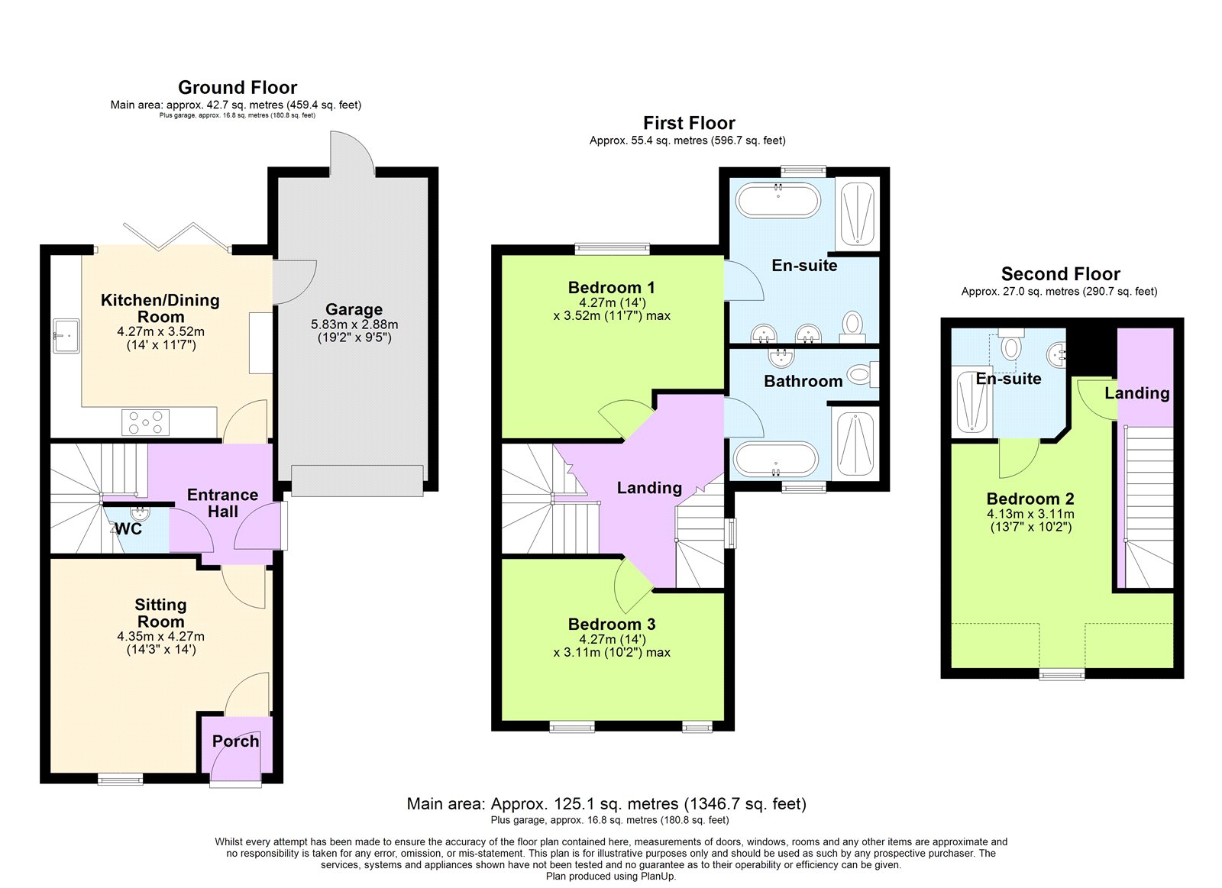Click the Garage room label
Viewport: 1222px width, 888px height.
click(x=354, y=309)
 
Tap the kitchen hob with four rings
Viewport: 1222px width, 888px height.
click(x=146, y=422)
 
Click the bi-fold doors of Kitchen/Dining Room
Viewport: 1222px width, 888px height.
click(x=176, y=237)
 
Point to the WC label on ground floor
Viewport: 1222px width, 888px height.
click(x=128, y=528)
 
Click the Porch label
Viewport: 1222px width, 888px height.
click(x=235, y=741)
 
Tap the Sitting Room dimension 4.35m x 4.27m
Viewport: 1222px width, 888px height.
click(x=160, y=636)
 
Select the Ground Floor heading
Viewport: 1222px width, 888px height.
click(x=238, y=87)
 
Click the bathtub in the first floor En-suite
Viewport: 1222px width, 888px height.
click(x=777, y=202)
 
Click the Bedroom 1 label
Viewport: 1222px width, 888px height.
click(x=611, y=287)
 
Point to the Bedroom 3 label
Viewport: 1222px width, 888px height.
click(x=611, y=624)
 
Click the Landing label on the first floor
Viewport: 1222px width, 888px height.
click(x=649, y=487)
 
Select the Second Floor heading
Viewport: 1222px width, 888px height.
click(x=1060, y=273)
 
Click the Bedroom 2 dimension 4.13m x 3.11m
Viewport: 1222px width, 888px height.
click(x=1030, y=514)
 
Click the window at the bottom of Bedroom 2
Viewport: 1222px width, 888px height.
click(x=1062, y=674)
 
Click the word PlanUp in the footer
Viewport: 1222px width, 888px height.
click(x=658, y=877)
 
